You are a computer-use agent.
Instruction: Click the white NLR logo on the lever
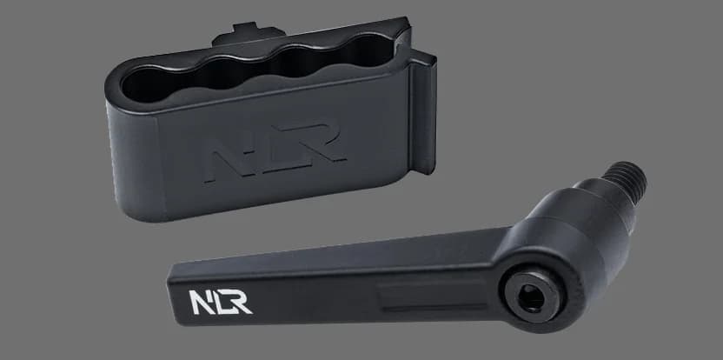tap(221, 303)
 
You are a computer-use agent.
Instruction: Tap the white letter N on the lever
tap(200, 303)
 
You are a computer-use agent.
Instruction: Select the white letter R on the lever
tap(240, 301)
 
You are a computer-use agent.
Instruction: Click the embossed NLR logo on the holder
tap(275, 151)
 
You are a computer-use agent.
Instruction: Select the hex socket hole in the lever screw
tap(532, 297)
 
